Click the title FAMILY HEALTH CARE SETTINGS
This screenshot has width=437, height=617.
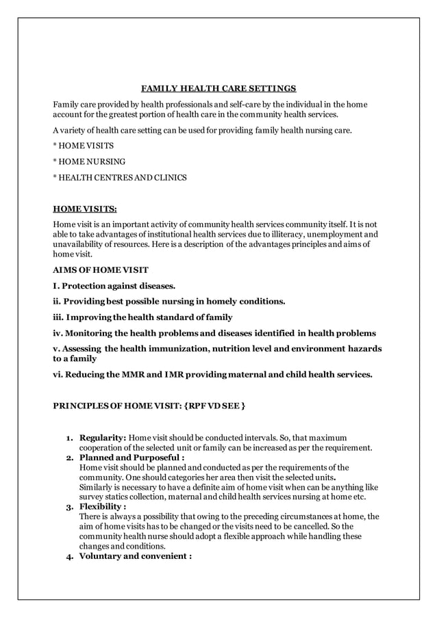click(x=218, y=88)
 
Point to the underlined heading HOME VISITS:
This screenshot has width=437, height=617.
click(x=85, y=209)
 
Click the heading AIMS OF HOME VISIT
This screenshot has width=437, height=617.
click(x=101, y=270)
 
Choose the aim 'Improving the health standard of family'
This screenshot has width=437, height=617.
click(x=142, y=317)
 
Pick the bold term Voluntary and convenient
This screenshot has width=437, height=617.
click(x=134, y=556)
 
